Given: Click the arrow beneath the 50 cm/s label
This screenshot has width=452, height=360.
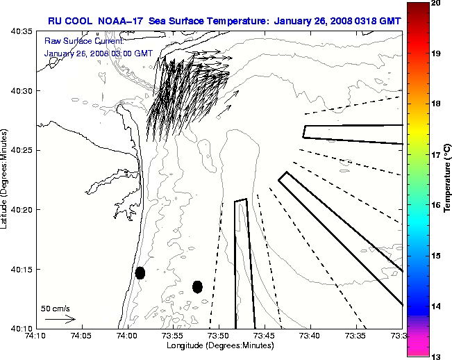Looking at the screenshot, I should (x=60, y=319).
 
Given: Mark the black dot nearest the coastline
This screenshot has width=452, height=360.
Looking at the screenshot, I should (x=140, y=272).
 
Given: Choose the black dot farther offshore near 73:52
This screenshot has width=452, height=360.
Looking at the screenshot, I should (x=197, y=286).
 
